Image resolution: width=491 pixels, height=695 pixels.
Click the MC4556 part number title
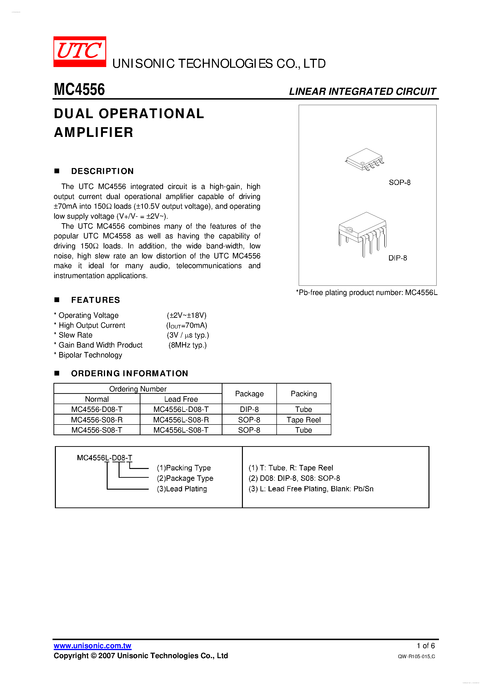click(x=79, y=90)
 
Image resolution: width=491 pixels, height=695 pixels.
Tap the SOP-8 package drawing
click(x=365, y=159)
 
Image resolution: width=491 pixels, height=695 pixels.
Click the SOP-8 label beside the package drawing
click(x=400, y=183)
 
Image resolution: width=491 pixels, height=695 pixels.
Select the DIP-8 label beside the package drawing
click(x=397, y=258)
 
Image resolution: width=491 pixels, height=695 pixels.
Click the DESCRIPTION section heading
click(x=102, y=171)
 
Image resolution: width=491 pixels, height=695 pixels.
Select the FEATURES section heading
click(x=95, y=300)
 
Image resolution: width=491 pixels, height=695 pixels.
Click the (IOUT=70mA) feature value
click(x=187, y=325)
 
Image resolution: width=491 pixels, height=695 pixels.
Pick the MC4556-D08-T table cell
click(x=97, y=409)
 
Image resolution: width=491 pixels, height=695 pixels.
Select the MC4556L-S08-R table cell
click(x=181, y=420)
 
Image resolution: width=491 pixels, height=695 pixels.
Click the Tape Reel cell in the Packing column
click(x=304, y=420)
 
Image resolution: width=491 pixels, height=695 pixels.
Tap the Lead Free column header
click(x=181, y=399)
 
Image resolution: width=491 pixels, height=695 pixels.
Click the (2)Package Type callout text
click(x=185, y=478)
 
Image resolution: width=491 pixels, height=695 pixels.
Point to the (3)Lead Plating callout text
click(x=182, y=489)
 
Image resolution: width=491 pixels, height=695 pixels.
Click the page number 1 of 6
click(x=426, y=646)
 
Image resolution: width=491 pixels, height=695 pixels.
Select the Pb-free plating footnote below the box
click(x=366, y=293)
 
